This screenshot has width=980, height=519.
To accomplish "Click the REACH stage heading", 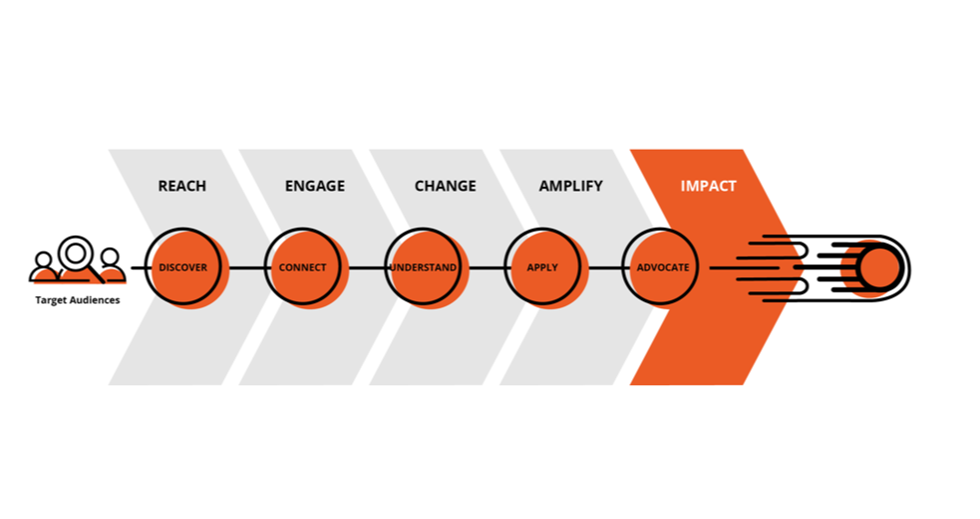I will tap(181, 186).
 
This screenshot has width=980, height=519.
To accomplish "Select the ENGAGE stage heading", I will tap(314, 186).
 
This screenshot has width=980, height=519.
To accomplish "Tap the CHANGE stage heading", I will tap(445, 186).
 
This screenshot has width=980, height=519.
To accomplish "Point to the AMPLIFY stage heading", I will tap(570, 186).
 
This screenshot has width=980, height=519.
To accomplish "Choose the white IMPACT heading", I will tap(708, 186).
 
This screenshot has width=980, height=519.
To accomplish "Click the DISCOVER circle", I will tap(183, 267).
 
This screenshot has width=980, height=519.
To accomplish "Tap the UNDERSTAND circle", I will tap(423, 267).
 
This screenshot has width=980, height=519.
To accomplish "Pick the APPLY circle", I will tap(542, 267).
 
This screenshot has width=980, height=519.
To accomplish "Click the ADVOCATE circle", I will tap(662, 267).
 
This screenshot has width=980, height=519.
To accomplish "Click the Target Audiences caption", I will tap(77, 299).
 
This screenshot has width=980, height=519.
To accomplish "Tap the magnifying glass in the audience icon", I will tap(77, 255).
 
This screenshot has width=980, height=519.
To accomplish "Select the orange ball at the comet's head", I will tap(880, 267).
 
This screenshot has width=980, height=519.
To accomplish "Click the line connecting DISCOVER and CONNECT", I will tap(246, 267).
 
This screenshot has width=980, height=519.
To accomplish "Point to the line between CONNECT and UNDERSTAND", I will tap(366, 267).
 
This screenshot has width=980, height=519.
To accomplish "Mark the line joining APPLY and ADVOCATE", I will tap(605, 267).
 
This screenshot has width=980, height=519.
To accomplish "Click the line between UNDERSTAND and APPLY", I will tap(486, 267).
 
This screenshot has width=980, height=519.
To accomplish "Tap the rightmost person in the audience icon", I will tap(111, 265).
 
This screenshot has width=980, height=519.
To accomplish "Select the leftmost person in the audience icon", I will tap(43, 265).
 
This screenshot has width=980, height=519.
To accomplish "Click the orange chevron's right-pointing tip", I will tap(798, 267).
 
